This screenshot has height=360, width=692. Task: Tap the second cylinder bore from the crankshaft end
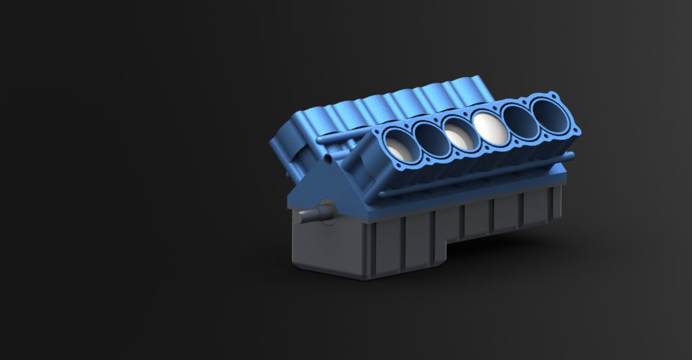tap(428, 139)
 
